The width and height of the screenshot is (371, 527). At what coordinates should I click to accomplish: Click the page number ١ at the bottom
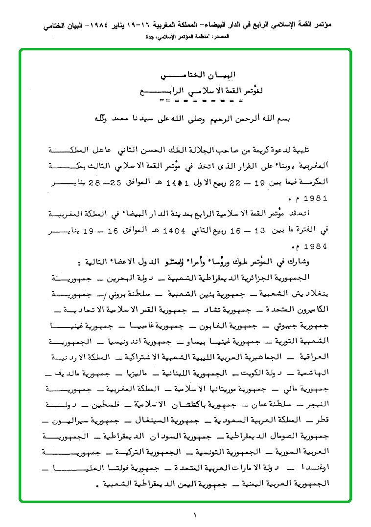click(x=194, y=515)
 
